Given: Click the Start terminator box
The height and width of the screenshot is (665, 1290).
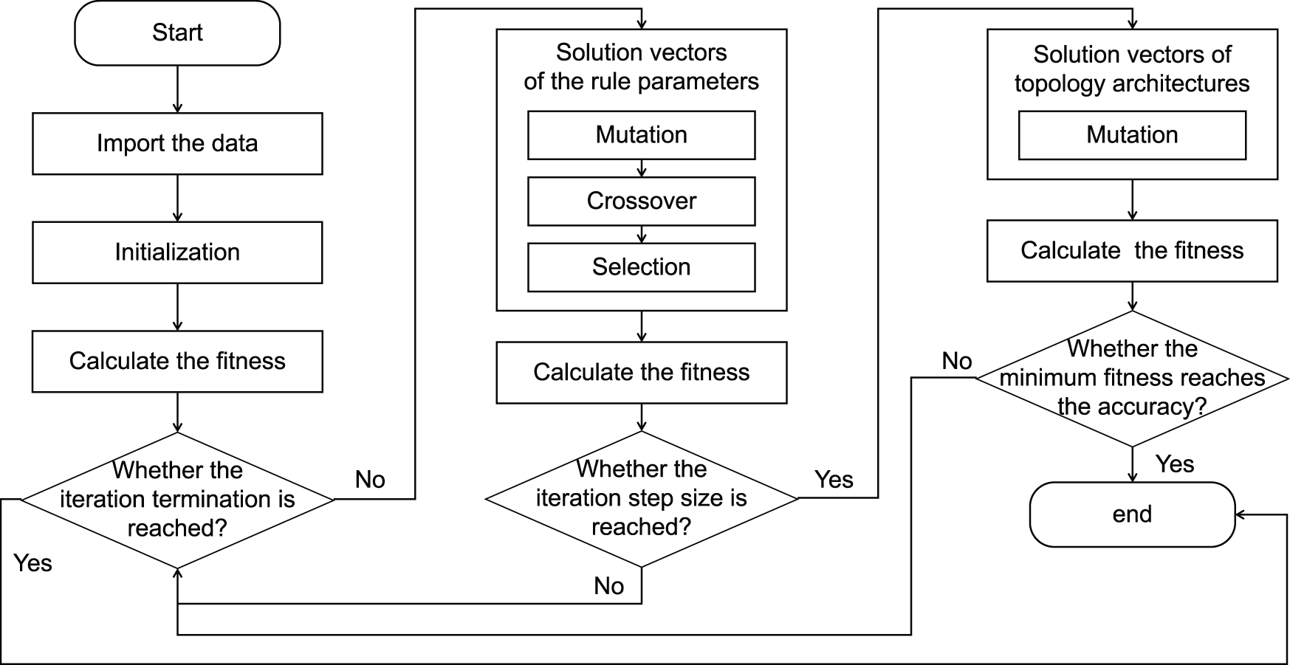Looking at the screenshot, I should pos(177,32).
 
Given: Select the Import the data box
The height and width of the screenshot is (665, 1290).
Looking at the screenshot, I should pos(177,143).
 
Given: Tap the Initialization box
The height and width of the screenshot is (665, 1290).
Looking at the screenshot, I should pos(177,252).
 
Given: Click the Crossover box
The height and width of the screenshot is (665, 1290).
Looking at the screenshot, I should pos(641,201).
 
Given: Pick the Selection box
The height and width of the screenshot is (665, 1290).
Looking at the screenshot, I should pos(641,267).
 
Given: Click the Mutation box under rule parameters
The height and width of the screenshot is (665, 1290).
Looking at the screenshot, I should pos(641,135).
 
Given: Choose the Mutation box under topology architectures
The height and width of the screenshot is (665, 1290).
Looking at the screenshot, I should pos(1131,135).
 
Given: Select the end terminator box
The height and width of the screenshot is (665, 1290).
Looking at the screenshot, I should pos(1131,514).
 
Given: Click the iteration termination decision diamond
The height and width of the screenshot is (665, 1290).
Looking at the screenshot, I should pos(177,500).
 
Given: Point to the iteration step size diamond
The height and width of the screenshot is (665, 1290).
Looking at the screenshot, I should pos(641,498).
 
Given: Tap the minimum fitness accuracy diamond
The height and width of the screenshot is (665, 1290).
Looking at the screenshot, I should pos(1131,378).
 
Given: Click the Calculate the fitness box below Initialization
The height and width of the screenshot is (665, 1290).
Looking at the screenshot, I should pos(177,361).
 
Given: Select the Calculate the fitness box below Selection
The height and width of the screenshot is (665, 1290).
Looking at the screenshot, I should pos(641,372).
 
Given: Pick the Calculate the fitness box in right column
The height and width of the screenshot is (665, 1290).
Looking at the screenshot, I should pos(1131,250).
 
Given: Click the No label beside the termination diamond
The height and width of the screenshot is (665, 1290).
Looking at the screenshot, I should pos(370,480).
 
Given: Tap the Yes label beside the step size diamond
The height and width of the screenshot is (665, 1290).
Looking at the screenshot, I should pos(834,480).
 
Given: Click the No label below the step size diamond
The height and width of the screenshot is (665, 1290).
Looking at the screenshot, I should pos(608,586).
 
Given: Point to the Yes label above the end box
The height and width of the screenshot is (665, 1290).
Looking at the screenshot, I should pos(1174,464).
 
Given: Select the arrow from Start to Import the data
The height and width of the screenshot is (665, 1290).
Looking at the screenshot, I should pos(177,89).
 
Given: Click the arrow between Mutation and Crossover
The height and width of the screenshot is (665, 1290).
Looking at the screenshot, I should pos(641,168).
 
